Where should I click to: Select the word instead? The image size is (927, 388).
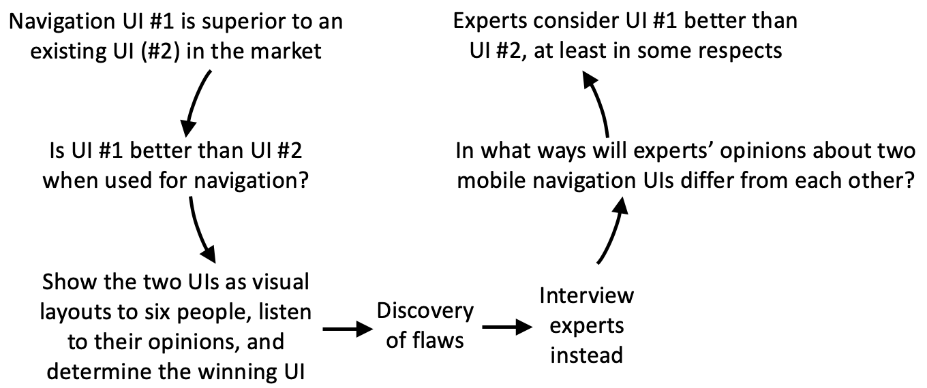pyautogui.click(x=586, y=355)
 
